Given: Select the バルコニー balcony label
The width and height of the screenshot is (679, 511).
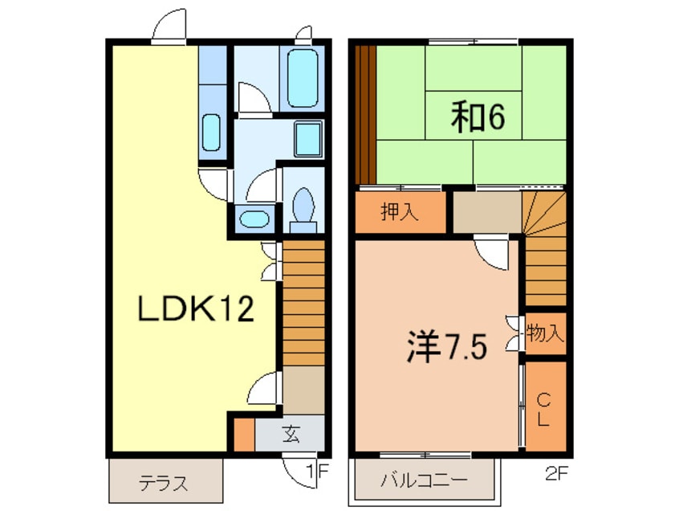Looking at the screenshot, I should [x=424, y=482].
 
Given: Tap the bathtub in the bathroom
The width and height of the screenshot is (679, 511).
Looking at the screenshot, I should [x=303, y=78].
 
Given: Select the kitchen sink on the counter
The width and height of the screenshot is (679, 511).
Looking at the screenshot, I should [x=210, y=132].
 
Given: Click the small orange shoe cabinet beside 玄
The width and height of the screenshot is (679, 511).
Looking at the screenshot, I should [x=244, y=433].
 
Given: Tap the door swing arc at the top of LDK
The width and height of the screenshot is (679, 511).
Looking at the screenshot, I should [x=169, y=28].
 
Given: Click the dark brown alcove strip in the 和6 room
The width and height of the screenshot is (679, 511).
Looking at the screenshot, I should [x=365, y=113].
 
